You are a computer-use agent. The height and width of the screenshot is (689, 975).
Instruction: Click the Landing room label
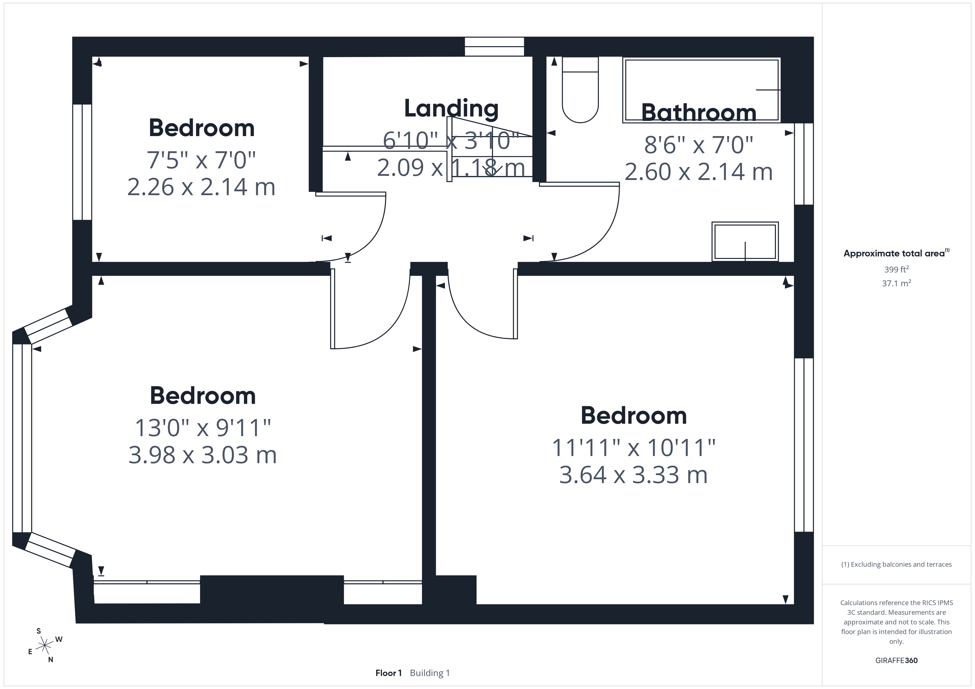point(451,108)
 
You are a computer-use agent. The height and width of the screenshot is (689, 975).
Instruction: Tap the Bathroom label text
point(699,113)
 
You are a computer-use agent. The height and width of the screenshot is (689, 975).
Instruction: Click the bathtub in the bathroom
point(701,90)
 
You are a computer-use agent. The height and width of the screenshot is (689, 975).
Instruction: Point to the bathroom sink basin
point(745,242)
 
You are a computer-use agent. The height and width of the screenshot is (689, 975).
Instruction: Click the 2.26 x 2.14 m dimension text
point(201,187)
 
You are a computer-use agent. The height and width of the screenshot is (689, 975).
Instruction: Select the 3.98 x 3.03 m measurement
point(203,455)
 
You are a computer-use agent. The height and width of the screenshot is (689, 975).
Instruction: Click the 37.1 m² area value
point(897,283)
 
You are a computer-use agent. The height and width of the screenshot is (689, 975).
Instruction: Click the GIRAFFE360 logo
point(897,661)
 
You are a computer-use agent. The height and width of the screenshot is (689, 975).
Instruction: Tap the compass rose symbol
point(44,646)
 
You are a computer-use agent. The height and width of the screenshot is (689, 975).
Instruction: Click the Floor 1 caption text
point(389,673)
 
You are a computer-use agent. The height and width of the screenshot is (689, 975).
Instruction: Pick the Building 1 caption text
point(430,673)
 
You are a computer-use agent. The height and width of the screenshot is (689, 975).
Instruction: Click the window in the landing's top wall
point(494,47)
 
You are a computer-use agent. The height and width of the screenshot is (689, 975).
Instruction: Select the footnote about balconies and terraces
point(897,564)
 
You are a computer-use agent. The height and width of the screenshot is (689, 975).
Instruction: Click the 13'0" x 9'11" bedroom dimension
point(203,428)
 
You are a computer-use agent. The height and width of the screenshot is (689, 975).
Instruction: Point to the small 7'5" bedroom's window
point(82,162)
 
